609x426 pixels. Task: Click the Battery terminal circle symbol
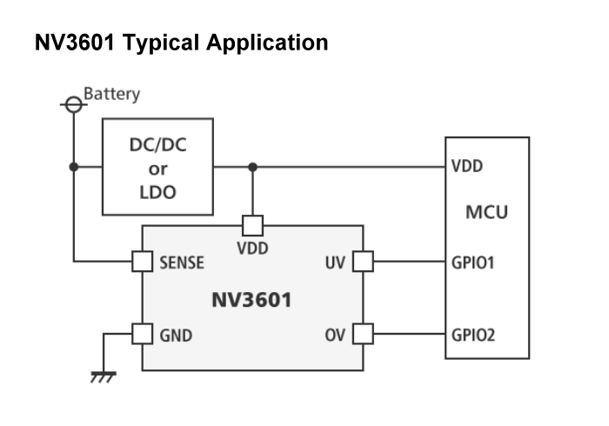(74, 104)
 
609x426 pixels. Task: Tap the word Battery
(111, 94)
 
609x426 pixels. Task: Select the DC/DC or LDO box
(157, 167)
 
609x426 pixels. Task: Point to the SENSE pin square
(142, 261)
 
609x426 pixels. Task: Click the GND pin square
(142, 334)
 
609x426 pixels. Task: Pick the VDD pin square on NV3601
(252, 225)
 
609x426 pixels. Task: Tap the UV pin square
(363, 261)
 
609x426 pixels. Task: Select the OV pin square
(363, 334)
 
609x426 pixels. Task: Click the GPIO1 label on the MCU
(473, 262)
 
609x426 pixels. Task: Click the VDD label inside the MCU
(468, 166)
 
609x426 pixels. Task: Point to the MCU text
(486, 212)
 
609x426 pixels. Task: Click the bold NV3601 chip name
(251, 301)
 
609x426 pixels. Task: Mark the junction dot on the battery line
(74, 167)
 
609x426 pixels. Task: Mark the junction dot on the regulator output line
(252, 167)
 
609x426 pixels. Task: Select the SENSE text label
(182, 262)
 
